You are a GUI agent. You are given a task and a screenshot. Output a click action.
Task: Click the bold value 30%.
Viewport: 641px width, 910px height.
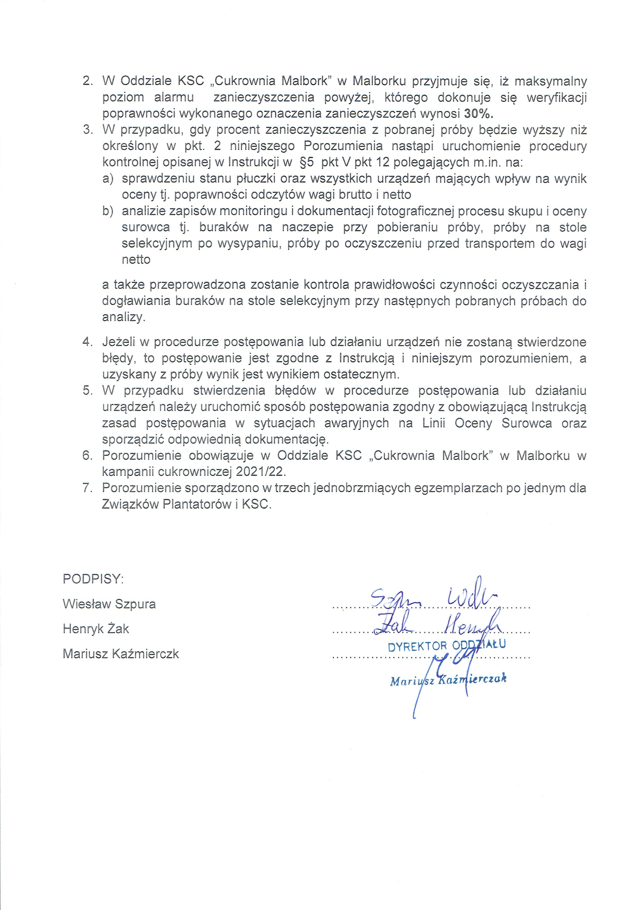(479, 114)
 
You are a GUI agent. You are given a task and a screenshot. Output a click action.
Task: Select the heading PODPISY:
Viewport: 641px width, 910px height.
(93, 579)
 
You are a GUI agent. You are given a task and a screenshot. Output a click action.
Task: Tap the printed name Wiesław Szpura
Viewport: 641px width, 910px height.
(109, 604)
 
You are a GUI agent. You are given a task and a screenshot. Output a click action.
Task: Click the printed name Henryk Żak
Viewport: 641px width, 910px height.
(96, 629)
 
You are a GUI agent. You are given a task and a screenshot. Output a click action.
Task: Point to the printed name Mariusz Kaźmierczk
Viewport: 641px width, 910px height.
(120, 654)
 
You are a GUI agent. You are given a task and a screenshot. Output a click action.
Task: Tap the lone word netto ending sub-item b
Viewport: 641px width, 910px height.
(136, 260)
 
